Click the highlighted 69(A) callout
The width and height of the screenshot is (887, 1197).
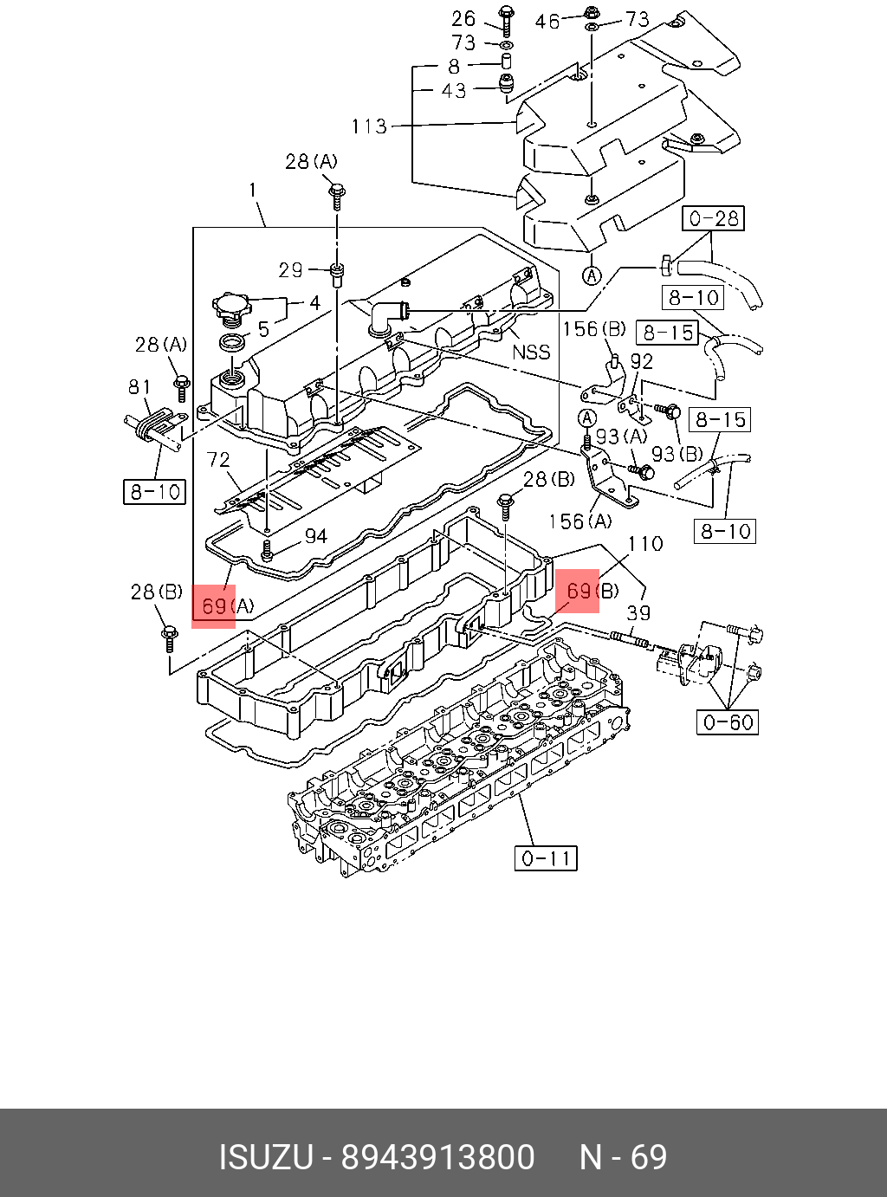[x=214, y=606]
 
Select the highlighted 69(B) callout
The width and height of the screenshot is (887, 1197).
[x=578, y=592]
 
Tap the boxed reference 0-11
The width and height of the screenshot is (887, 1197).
[x=545, y=858]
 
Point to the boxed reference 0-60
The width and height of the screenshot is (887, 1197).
[x=728, y=721]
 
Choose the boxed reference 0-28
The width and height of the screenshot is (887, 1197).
[x=713, y=218]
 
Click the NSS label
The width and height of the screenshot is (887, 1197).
[x=531, y=352]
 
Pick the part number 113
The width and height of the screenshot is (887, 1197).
[x=368, y=126]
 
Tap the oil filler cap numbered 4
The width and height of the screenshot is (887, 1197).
[x=230, y=307]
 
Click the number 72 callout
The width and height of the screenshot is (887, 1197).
[x=218, y=460]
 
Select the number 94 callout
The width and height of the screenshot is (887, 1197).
[x=315, y=536]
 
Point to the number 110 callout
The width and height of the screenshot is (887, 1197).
[x=645, y=544]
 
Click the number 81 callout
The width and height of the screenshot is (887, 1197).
[x=139, y=387]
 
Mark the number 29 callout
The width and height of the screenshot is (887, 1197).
[x=290, y=270]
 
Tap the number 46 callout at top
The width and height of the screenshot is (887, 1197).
[x=547, y=21]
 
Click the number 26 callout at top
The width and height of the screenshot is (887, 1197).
[x=463, y=18]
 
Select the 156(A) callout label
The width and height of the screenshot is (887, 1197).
[x=579, y=521]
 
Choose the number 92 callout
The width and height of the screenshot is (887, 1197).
[x=641, y=361]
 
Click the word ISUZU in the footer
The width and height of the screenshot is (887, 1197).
[x=264, y=1158]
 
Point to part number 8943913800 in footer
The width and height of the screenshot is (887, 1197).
[x=437, y=1158]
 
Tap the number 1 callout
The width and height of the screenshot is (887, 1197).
[x=252, y=189]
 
